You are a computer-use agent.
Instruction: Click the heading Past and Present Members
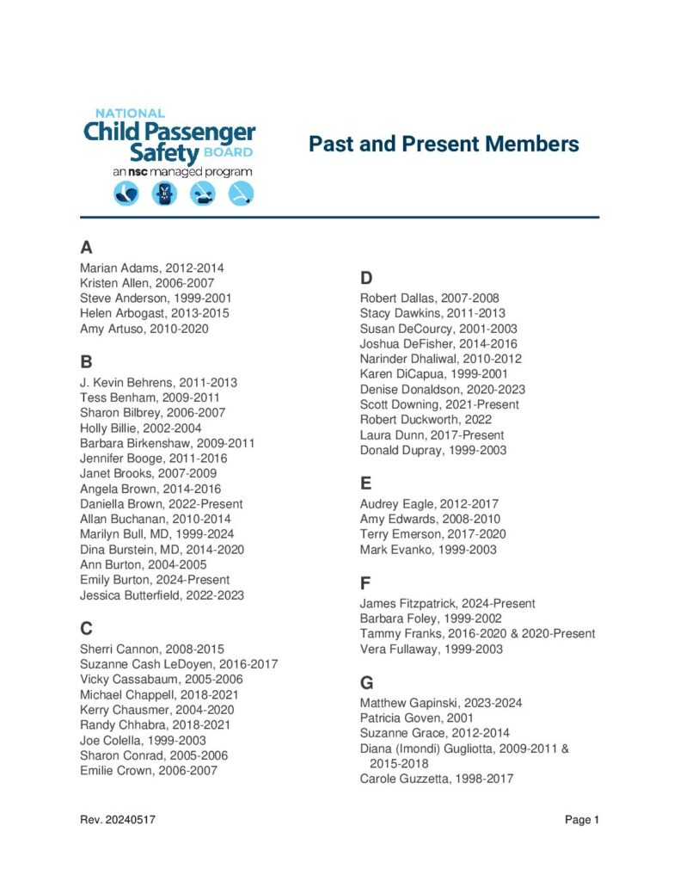(x=444, y=144)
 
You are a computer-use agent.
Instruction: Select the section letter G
(x=367, y=683)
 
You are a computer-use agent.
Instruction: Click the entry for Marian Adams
(x=152, y=268)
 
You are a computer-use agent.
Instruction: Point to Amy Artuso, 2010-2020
(x=144, y=329)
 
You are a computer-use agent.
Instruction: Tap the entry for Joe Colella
(x=143, y=740)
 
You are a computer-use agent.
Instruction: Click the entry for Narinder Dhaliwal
(x=441, y=359)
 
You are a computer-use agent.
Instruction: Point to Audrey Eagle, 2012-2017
(x=429, y=504)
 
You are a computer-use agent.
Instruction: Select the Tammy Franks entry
(x=477, y=634)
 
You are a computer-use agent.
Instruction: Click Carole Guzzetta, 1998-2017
(x=437, y=779)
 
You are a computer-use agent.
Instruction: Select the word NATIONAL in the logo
(x=130, y=113)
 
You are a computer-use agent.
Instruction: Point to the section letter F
(x=365, y=583)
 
